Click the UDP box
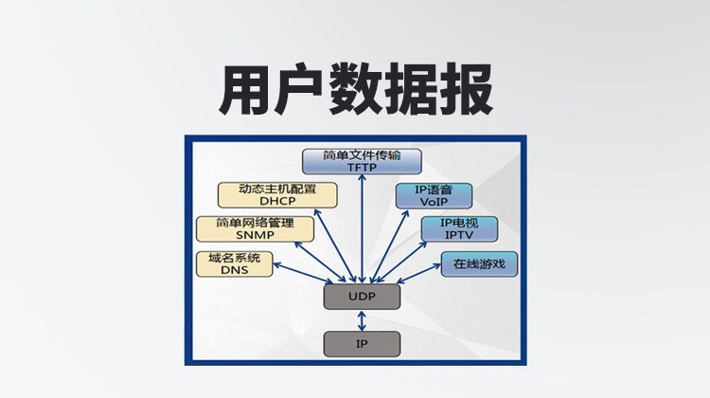[362, 298]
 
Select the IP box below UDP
[362, 343]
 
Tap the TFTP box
[362, 162]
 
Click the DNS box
[234, 263]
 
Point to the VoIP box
[434, 195]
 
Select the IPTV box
[459, 228]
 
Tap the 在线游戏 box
[479, 263]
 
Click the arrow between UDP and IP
[362, 320]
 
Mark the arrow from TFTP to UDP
[362, 227]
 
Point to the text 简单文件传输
[362, 155]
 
